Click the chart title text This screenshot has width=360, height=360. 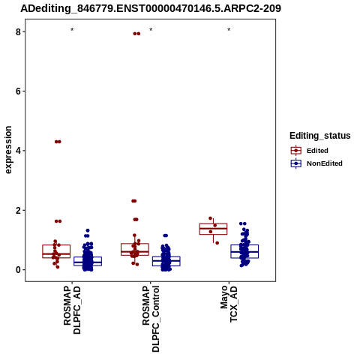[x=151, y=8]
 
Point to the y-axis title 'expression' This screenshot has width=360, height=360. [x=8, y=150]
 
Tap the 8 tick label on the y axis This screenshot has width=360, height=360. [x=18, y=31]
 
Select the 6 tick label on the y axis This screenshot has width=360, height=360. [x=18, y=91]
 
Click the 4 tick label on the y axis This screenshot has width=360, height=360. [x=18, y=151]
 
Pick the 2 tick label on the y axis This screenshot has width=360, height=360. [x=18, y=210]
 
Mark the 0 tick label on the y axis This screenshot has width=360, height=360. [x=18, y=270]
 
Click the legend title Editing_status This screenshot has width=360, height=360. [x=320, y=136]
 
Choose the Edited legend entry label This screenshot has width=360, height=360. [x=317, y=151]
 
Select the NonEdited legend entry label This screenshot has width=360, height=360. [x=325, y=163]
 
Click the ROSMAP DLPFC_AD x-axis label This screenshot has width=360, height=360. [x=72, y=310]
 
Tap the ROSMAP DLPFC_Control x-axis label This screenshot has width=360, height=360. [x=151, y=319]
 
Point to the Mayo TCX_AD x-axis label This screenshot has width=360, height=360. [x=229, y=304]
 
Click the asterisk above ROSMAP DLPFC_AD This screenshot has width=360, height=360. [x=72, y=30]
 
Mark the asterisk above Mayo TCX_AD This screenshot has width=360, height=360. [x=229, y=30]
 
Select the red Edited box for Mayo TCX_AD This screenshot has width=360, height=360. [x=213, y=229]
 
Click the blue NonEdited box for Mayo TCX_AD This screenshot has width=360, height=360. [x=244, y=251]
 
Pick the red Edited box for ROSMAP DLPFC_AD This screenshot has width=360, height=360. [x=56, y=251]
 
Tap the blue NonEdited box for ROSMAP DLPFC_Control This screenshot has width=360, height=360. [x=166, y=261]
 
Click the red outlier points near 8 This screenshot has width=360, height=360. [x=136, y=34]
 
